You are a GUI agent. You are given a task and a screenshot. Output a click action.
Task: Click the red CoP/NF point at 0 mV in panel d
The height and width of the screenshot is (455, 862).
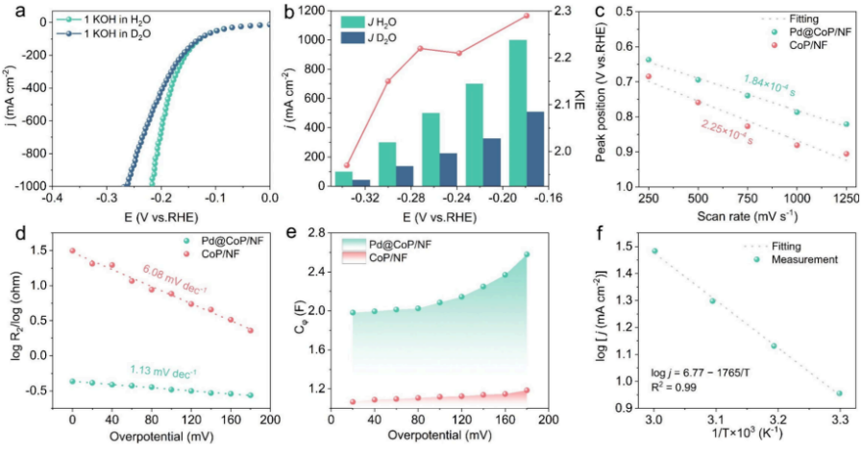pyautogui.click(x=72, y=251)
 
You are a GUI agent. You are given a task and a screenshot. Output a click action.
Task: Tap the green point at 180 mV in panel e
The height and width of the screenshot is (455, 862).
pyautogui.click(x=527, y=254)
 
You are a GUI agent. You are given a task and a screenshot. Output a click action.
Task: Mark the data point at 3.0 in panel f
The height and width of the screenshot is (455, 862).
pyautogui.click(x=654, y=251)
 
